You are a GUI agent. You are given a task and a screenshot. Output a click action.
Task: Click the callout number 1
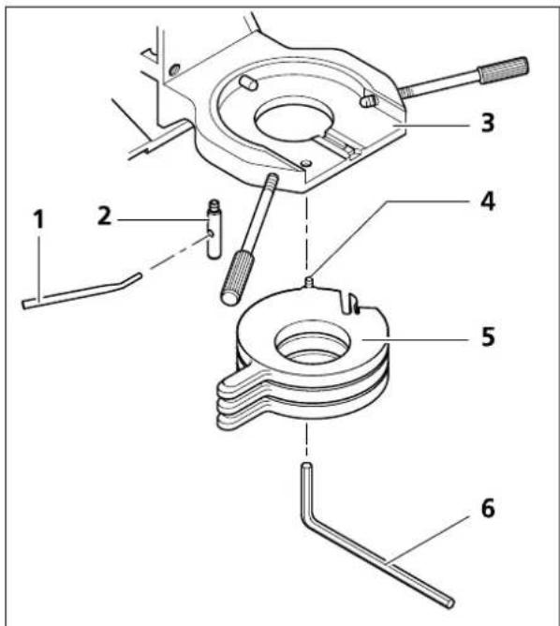[x=38, y=219]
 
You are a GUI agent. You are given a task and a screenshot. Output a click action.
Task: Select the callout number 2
[x=105, y=216]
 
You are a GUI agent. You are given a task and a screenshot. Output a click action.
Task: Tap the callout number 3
[x=487, y=123]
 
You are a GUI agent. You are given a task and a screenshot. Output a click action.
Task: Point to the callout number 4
[x=487, y=201]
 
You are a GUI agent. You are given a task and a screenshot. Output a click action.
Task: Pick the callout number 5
[x=488, y=335]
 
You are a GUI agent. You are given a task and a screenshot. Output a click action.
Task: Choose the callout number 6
[x=487, y=508]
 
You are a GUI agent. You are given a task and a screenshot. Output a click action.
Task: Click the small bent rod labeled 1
[x=81, y=291]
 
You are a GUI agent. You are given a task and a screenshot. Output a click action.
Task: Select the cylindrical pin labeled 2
[x=214, y=230]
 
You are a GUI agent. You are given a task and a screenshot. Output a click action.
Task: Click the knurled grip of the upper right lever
[x=504, y=70]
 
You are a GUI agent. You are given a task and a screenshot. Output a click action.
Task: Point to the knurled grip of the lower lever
[x=238, y=278]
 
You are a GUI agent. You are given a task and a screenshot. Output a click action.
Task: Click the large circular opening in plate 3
[x=294, y=119]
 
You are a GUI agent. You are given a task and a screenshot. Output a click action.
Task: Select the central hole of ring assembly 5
[x=313, y=342]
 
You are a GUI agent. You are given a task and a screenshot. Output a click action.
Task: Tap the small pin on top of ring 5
[x=309, y=282]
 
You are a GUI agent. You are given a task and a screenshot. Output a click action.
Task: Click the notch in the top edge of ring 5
[x=348, y=302]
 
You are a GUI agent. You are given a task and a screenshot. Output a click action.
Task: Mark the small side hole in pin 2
[x=210, y=233]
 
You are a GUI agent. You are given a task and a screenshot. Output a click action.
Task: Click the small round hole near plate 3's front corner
[x=306, y=163]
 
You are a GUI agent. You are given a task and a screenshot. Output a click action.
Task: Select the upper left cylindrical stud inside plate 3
[x=248, y=82]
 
